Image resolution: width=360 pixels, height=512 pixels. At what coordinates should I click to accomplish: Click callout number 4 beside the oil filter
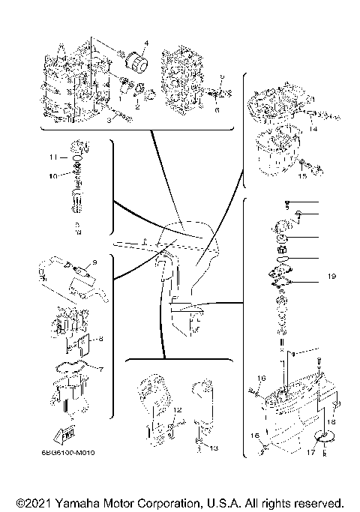146,43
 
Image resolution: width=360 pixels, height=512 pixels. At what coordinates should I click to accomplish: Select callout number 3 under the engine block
109,119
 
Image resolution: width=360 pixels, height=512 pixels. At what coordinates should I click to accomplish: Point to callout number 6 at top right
217,109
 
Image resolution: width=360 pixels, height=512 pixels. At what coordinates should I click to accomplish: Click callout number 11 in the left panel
53,157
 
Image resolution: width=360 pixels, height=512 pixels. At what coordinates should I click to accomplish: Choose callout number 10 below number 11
53,176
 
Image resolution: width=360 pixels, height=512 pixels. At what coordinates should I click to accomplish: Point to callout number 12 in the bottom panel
178,410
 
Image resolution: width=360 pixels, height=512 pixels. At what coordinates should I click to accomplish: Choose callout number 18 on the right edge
331,422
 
